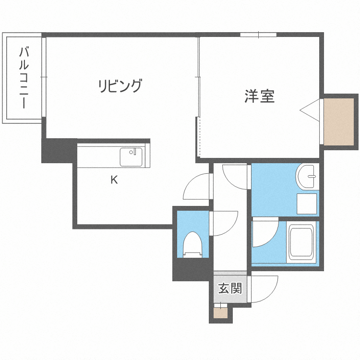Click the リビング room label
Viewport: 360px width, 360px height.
click(x=120, y=86)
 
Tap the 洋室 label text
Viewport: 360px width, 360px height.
click(x=259, y=96)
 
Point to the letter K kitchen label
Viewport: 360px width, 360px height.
click(x=114, y=180)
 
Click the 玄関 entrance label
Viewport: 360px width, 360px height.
click(x=230, y=288)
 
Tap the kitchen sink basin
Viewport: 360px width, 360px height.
click(x=131, y=157)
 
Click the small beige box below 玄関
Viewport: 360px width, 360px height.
click(x=221, y=313)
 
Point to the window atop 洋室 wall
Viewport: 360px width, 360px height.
click(x=258, y=35)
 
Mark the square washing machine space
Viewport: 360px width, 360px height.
click(x=307, y=204)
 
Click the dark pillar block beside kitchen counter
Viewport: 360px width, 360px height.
click(x=59, y=150)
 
